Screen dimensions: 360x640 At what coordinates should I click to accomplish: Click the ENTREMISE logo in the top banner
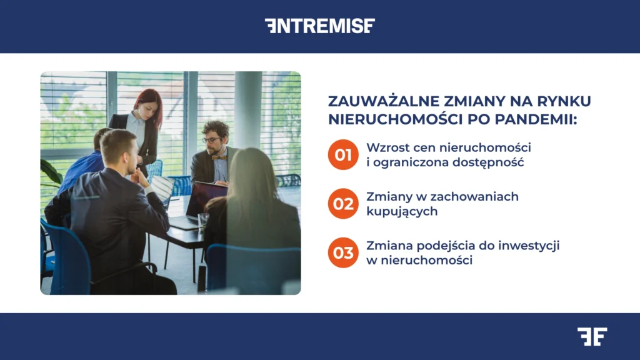tap(319, 26)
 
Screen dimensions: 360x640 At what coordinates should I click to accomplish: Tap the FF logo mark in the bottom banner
tap(591, 336)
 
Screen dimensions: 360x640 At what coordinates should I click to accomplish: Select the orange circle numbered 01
tap(343, 154)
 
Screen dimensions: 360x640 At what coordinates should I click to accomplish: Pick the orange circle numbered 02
tap(343, 204)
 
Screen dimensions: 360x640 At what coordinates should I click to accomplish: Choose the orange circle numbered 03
tap(343, 252)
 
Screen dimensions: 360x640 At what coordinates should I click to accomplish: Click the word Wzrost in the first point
tap(387, 147)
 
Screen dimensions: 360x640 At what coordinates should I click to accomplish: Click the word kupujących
tap(401, 211)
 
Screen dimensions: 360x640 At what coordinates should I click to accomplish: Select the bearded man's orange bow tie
tap(219, 157)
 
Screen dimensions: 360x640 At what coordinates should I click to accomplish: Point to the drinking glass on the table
tap(203, 220)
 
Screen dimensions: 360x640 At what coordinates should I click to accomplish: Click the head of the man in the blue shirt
tap(103, 139)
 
